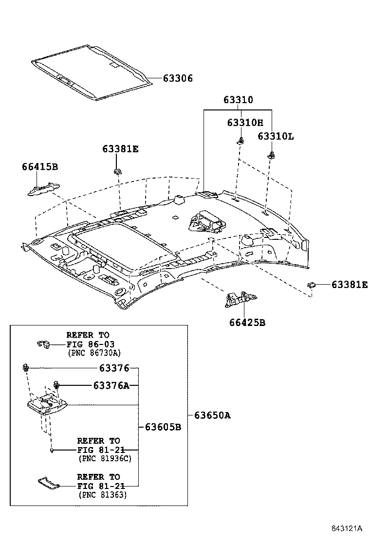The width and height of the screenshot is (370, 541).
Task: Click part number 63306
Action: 178,78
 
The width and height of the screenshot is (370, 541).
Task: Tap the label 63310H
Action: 245,123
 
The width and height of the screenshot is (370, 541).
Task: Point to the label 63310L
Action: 276,136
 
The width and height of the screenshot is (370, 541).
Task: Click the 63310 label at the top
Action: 238,100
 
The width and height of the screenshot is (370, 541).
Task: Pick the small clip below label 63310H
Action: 240,141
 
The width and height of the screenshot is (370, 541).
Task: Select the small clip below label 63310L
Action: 271,155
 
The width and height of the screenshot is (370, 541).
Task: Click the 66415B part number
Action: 40,167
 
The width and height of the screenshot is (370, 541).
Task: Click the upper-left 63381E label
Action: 120,149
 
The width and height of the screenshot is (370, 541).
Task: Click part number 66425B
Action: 247,322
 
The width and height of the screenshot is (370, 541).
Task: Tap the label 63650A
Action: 212,415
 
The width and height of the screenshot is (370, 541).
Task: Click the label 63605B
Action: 163,427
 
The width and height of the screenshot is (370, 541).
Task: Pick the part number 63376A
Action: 111,385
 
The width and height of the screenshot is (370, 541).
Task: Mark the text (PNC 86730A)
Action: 94,353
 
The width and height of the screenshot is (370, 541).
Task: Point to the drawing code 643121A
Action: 348,528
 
